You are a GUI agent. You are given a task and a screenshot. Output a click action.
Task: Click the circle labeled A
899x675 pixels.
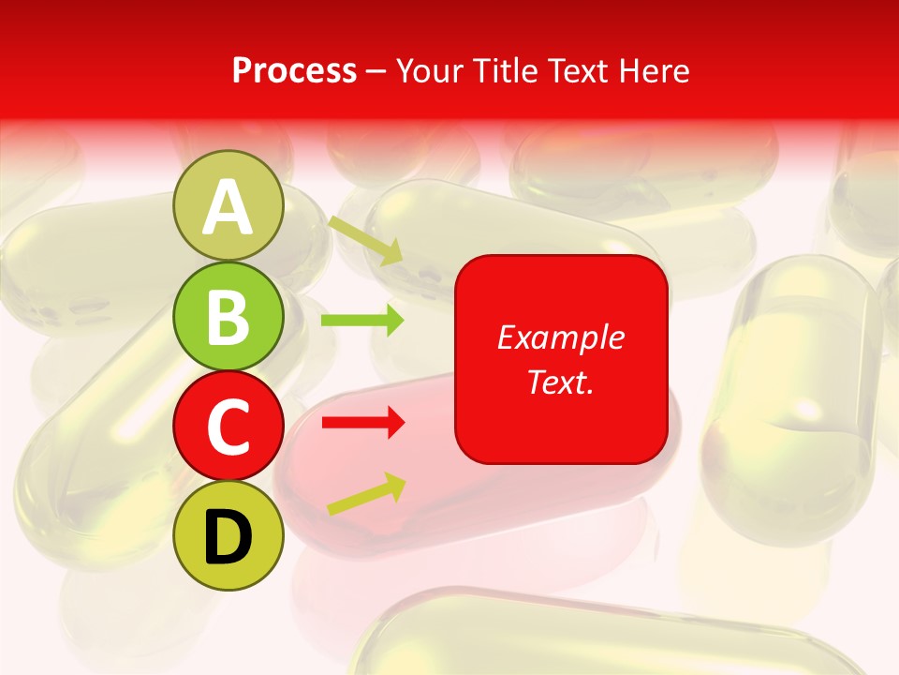[x=228, y=205]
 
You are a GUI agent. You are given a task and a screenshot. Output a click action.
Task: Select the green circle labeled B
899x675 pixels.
[x=228, y=316]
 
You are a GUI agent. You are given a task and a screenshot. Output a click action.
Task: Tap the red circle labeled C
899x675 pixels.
[x=228, y=427]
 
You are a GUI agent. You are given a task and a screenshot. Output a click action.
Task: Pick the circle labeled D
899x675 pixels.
[x=228, y=536]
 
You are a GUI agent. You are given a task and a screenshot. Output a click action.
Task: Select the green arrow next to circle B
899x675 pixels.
[x=362, y=321]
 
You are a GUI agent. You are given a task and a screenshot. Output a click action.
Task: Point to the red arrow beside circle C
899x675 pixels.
[x=362, y=423]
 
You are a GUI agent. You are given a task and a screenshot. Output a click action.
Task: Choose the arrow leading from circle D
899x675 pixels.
[x=366, y=494]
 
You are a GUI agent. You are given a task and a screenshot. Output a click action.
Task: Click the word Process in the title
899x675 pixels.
[x=294, y=70]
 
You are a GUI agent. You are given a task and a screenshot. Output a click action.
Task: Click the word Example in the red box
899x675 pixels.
[x=561, y=337]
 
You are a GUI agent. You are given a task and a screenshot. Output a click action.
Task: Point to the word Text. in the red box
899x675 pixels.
[x=561, y=382]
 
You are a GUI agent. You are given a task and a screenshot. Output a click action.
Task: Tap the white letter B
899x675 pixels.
[x=228, y=317]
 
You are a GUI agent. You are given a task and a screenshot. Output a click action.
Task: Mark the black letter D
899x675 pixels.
[x=228, y=537]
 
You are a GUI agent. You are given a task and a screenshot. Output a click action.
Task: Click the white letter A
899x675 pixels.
[x=228, y=207]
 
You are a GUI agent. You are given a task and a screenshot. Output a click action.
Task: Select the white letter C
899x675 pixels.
[x=228, y=427]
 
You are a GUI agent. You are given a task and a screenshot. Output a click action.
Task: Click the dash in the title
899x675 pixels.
[x=376, y=71]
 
